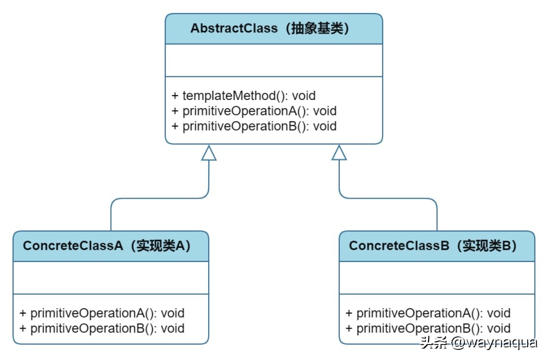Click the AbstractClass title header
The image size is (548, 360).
274,29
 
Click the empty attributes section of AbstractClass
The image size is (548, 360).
274,60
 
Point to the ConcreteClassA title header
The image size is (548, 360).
111,246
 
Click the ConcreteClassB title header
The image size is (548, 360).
437,246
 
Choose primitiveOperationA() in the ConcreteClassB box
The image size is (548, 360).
428,313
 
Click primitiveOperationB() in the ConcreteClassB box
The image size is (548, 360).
428,329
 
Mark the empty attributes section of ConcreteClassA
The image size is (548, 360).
111,278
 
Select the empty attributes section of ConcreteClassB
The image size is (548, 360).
437,278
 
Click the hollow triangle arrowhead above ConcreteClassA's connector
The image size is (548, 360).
209,153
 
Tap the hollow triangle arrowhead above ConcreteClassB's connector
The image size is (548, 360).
339,153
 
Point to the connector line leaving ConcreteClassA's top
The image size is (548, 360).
111,215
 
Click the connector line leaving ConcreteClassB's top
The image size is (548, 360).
437,215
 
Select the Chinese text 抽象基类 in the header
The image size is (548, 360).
317,29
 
